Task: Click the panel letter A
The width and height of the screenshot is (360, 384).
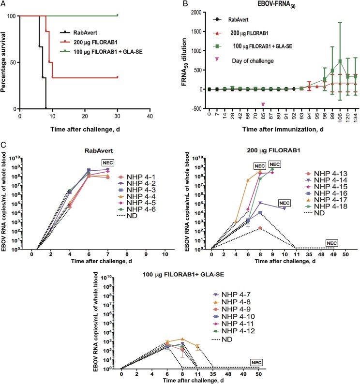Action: tap(4, 4)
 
